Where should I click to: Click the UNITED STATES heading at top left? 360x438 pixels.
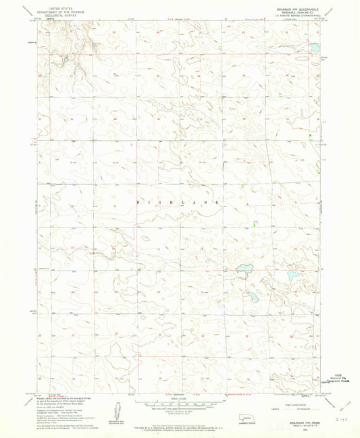coord(57,3)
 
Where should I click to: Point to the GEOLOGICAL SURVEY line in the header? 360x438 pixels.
coord(57,13)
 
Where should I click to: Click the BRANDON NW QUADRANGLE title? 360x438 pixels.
coord(289,4)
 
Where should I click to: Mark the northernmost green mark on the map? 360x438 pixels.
coord(224,164)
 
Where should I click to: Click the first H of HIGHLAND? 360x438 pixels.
coord(140,202)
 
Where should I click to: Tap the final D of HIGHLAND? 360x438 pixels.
coord(217,202)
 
